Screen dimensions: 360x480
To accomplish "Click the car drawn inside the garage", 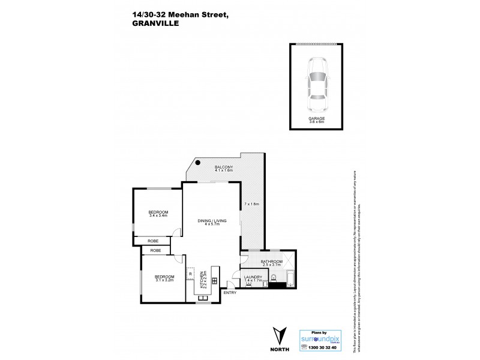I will click(317, 85).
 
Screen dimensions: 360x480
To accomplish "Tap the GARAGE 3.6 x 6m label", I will click(317, 120).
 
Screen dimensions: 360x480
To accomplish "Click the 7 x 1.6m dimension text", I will click(251, 205).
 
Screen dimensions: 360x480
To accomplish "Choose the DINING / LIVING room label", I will click(210, 223).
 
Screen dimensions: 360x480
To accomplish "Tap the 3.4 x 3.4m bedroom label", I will click(158, 214).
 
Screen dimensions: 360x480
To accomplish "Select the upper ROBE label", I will click(154, 241).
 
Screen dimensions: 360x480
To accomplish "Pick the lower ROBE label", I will click(155, 250).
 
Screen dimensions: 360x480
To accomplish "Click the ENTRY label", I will click(230, 292).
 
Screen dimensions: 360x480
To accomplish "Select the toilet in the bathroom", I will click(274, 277).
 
